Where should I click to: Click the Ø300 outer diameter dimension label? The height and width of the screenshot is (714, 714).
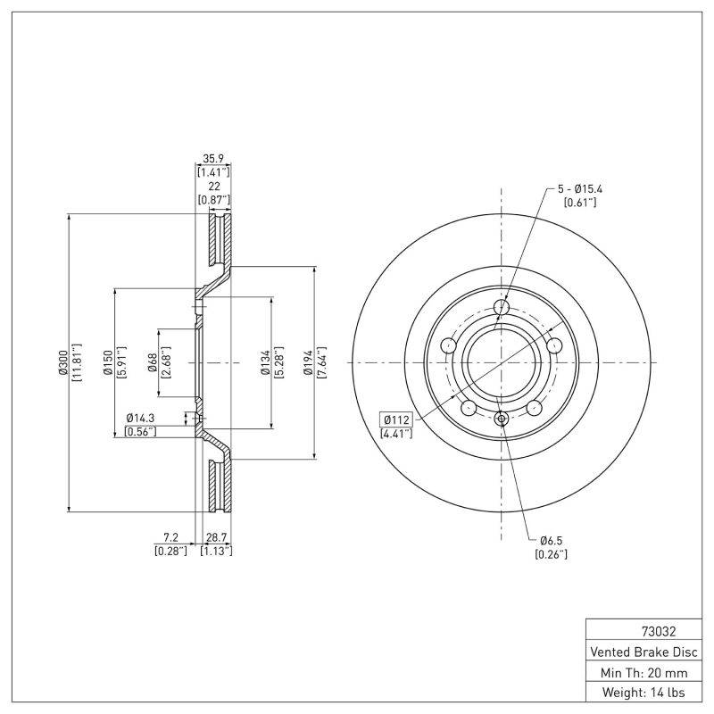click(63, 363)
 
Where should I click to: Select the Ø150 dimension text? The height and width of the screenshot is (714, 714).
click(107, 363)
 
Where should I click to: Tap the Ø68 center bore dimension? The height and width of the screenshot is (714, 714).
click(153, 363)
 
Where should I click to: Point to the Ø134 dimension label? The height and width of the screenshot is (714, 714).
click(265, 363)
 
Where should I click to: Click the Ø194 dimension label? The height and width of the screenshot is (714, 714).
click(308, 363)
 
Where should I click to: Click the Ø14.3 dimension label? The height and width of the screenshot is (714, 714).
click(141, 418)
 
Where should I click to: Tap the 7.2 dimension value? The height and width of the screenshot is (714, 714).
click(170, 537)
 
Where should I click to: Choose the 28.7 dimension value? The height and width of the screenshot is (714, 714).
click(217, 537)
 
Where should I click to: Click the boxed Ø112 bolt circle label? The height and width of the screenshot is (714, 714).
click(395, 419)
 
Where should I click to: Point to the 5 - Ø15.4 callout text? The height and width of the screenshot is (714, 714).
click(580, 189)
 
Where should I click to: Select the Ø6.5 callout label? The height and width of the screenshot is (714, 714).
click(551, 541)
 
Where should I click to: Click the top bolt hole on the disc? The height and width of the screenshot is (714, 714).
click(502, 309)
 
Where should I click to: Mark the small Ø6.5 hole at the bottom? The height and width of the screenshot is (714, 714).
click(502, 419)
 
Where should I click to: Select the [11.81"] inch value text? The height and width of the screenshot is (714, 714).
click(78, 363)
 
